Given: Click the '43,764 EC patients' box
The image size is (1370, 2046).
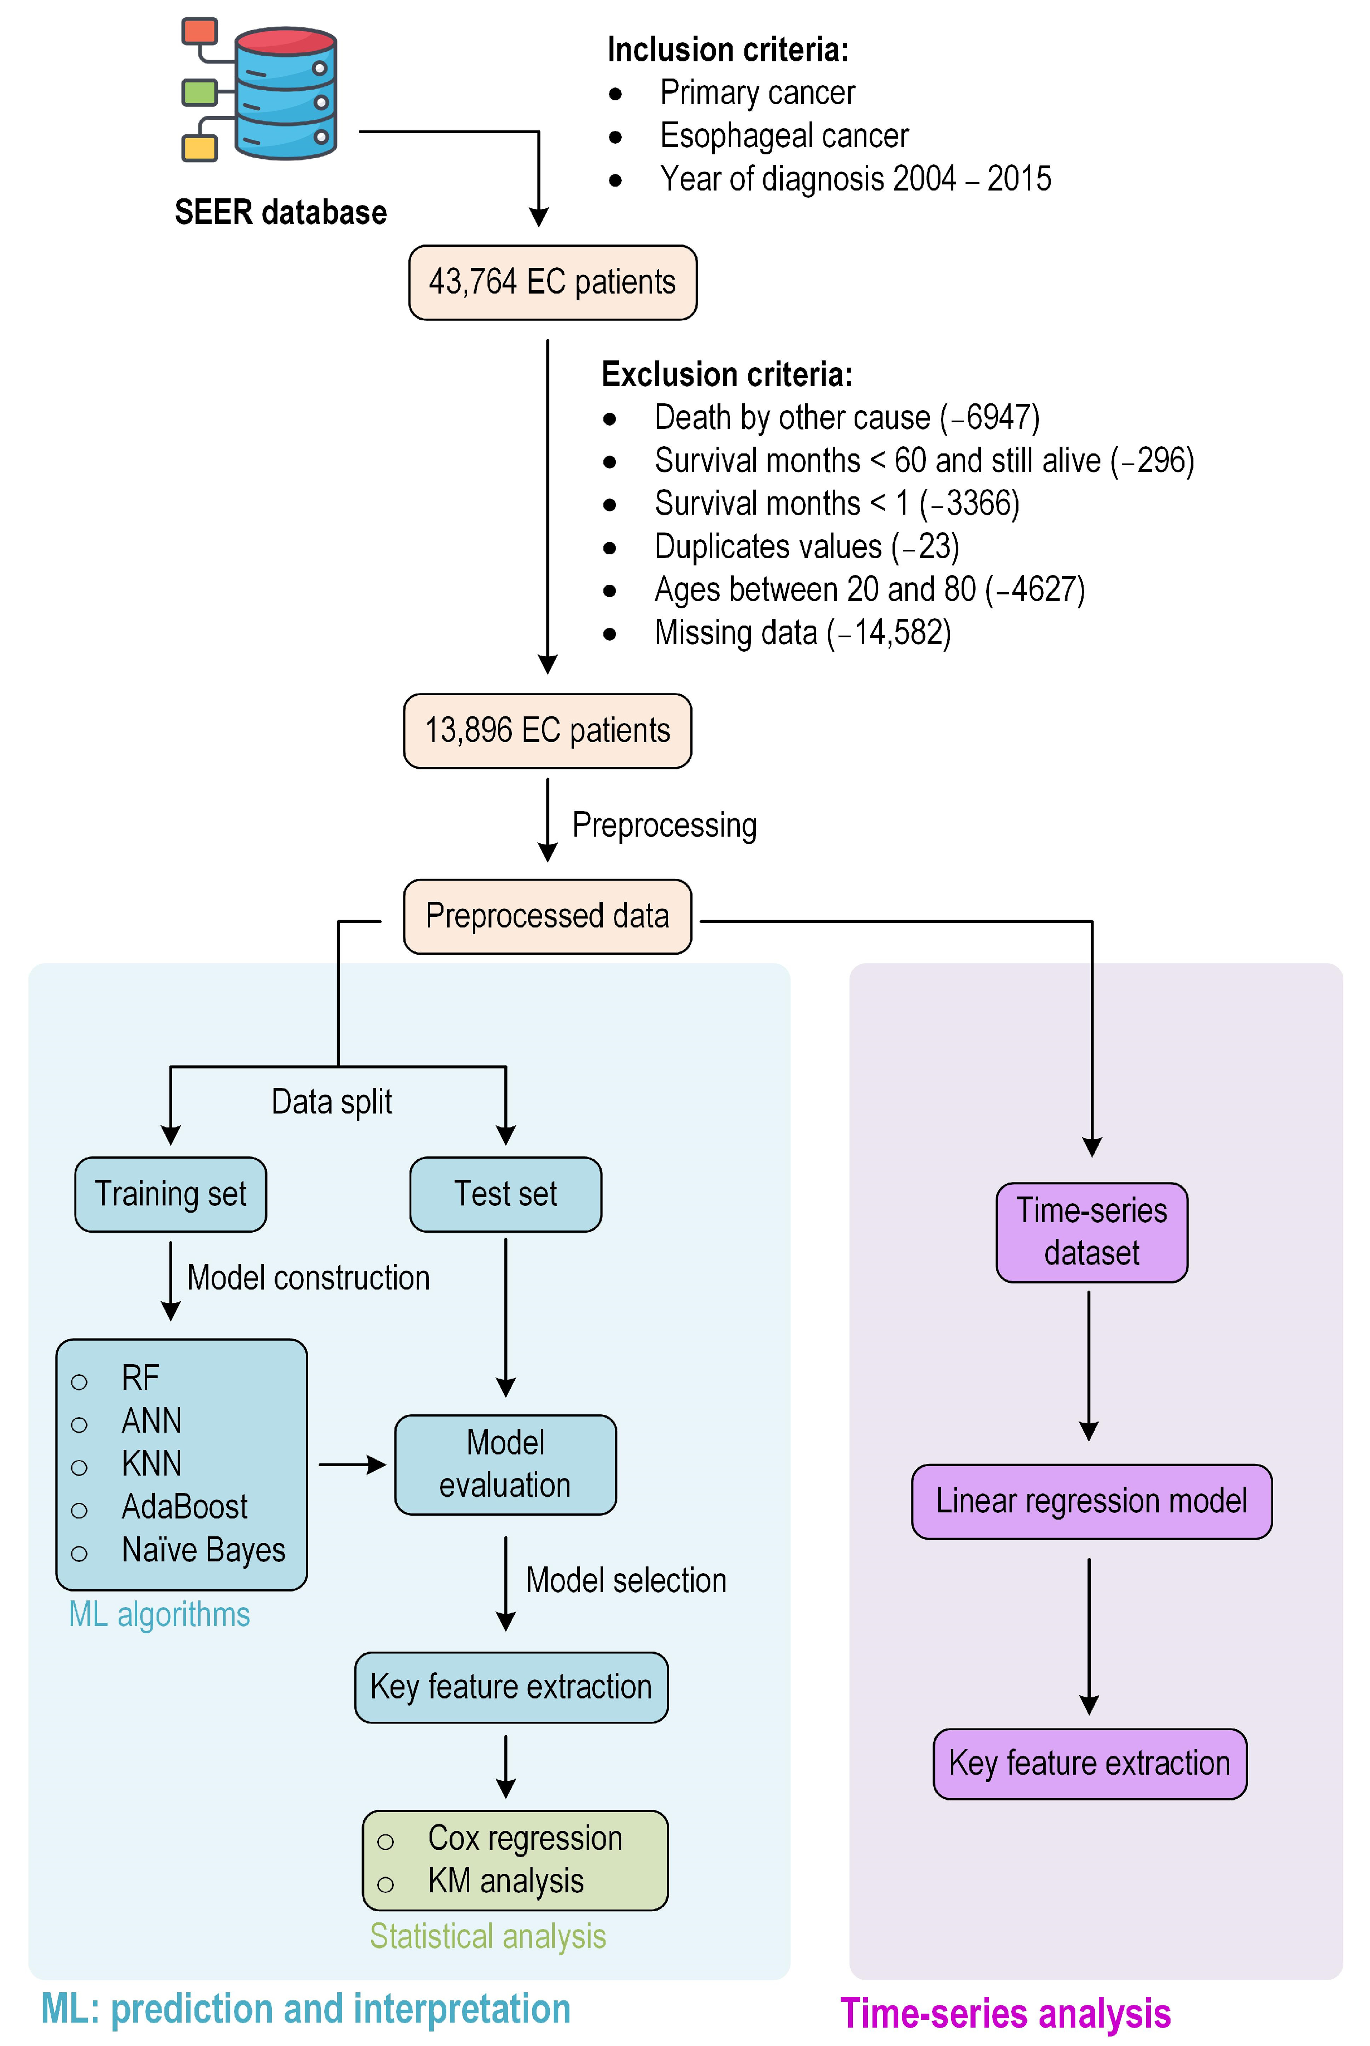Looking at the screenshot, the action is (x=552, y=282).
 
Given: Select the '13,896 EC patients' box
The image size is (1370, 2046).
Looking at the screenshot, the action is (x=547, y=730).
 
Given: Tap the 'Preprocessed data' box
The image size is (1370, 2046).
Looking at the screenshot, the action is (x=547, y=916).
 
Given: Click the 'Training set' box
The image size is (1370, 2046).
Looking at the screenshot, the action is (x=170, y=1194).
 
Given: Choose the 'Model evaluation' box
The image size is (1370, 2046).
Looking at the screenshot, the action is (x=505, y=1464).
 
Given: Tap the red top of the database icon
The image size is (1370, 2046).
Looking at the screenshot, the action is (x=286, y=40).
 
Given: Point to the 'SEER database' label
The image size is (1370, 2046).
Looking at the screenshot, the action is (x=280, y=212).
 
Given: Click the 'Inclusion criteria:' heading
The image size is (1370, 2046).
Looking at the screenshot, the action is (x=728, y=50).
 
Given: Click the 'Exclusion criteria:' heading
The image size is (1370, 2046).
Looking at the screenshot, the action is (x=727, y=375).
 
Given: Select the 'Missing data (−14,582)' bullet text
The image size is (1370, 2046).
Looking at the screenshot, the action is (x=803, y=632).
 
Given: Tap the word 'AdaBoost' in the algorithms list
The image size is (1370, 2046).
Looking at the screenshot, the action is (x=184, y=1507).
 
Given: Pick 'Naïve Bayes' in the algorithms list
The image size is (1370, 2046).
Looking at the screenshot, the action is (x=203, y=1550).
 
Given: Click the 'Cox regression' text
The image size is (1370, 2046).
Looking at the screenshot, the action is (x=525, y=1838).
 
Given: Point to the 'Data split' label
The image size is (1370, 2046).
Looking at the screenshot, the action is (x=332, y=1102).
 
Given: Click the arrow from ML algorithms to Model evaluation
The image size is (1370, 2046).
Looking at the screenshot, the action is (x=352, y=1465).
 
